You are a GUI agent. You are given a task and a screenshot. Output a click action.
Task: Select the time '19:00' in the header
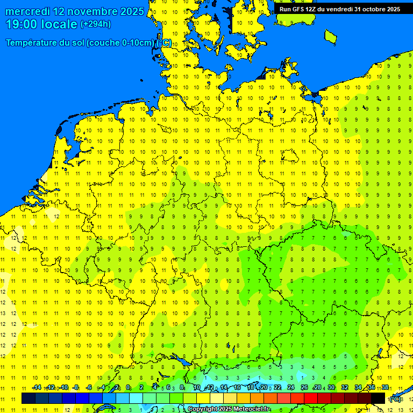pyautogui.click(x=22, y=24)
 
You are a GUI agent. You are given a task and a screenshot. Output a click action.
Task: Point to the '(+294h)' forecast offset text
pyautogui.click(x=96, y=24)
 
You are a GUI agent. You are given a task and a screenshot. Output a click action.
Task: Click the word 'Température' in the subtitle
pyautogui.click(x=33, y=43)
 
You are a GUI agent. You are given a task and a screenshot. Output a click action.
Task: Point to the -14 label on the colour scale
pyautogui.click(x=37, y=388)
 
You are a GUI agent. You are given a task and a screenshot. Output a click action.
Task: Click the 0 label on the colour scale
pyautogui.click(x=128, y=388)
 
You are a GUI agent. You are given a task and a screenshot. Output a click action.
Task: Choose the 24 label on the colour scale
pyautogui.click(x=291, y=388)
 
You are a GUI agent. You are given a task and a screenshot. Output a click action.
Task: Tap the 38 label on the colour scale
pyautogui.click(x=385, y=388)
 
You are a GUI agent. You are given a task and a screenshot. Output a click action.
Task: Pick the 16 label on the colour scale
pyautogui.click(x=237, y=388)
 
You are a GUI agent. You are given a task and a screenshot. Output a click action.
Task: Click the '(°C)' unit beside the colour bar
pyautogui.click(x=395, y=398)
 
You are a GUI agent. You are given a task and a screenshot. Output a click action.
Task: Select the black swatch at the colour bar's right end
pyautogui.click(x=378, y=398)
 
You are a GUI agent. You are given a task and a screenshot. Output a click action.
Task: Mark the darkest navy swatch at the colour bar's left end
pyautogui.click(x=29, y=398)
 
